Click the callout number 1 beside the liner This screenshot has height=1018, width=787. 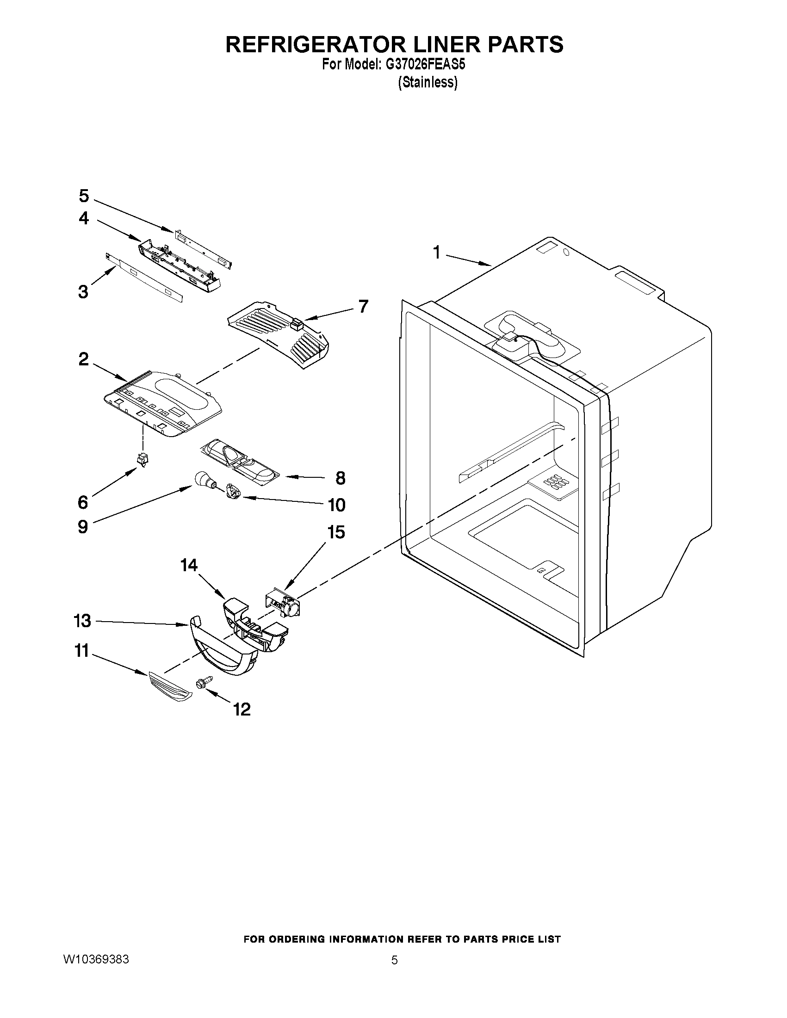[x=436, y=253]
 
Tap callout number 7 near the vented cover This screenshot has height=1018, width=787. [x=363, y=306]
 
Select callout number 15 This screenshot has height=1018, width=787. [x=336, y=532]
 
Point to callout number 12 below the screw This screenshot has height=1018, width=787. [x=242, y=710]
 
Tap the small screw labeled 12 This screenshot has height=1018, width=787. [x=204, y=682]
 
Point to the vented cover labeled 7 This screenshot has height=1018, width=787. [x=280, y=338]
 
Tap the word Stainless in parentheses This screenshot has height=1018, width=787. [x=428, y=82]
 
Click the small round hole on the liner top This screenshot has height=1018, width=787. [x=566, y=253]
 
